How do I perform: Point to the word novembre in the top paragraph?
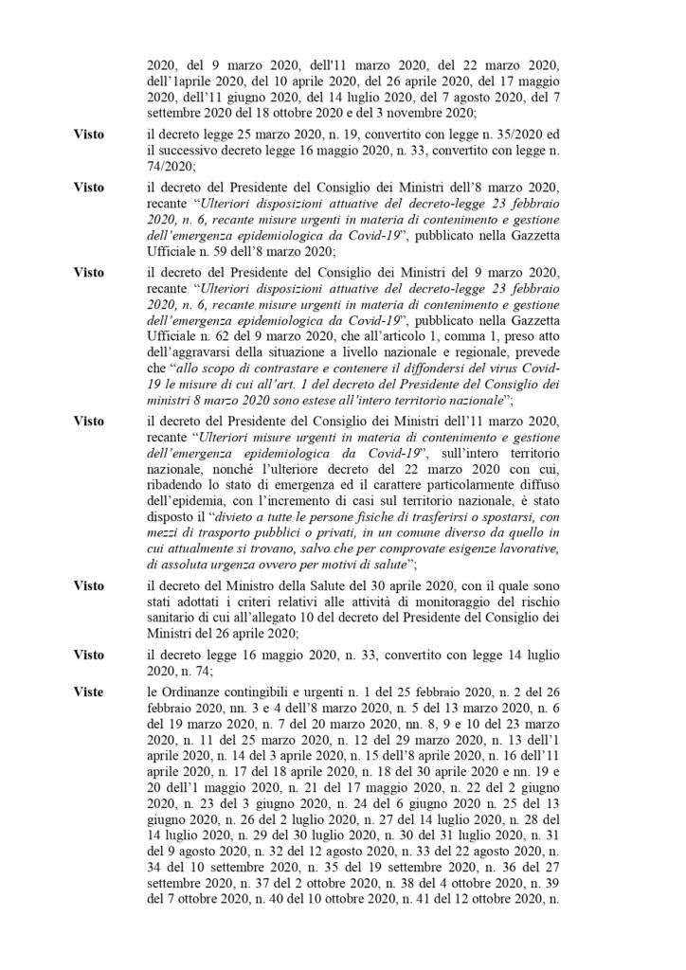[x=501, y=110]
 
